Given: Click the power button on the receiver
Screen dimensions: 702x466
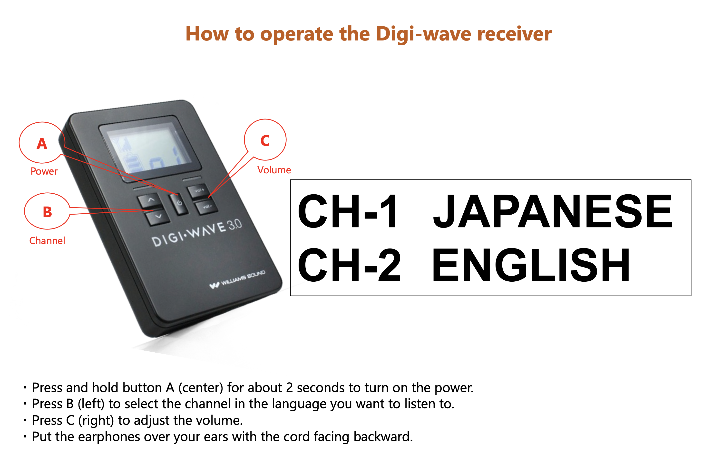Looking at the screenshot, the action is click(x=179, y=204).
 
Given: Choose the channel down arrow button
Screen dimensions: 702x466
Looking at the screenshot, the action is click(x=158, y=217).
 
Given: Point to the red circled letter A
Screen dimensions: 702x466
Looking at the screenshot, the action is click(x=42, y=144).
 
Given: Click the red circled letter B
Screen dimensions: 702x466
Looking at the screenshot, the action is click(x=47, y=212).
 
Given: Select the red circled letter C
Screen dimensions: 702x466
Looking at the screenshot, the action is click(x=265, y=140).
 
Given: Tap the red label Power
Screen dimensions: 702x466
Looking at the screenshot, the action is click(x=44, y=171).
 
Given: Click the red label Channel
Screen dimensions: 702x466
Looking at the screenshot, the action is click(x=47, y=240).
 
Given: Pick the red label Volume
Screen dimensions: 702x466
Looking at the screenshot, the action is click(x=274, y=170).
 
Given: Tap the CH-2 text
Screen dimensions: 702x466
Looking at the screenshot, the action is click(x=349, y=265).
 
